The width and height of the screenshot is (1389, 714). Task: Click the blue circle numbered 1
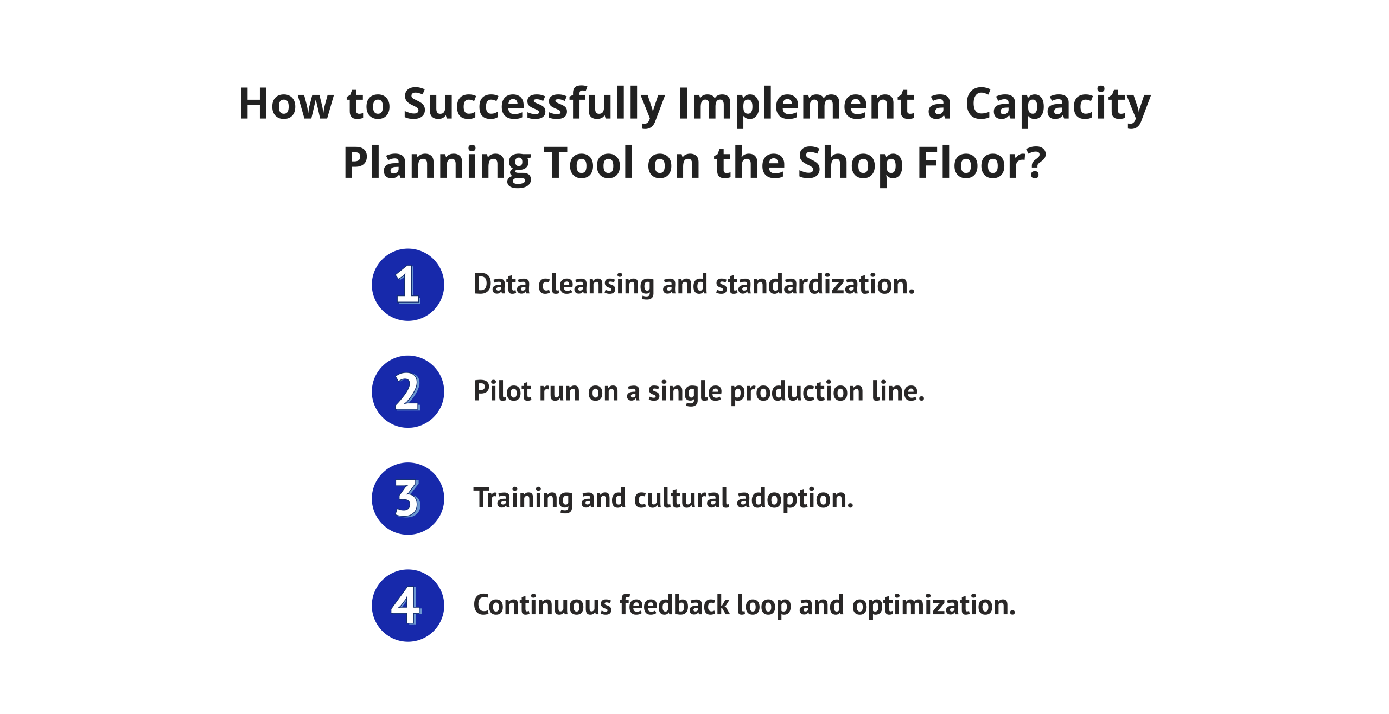[x=407, y=285]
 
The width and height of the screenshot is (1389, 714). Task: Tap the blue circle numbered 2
[x=407, y=391]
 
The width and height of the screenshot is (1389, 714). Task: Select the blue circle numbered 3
[x=407, y=498]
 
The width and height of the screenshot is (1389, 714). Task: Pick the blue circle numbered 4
[x=407, y=605]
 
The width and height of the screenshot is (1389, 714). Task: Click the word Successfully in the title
[x=534, y=106]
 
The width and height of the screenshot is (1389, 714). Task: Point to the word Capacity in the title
[x=1057, y=106]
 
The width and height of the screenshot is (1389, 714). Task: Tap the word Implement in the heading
[x=796, y=106]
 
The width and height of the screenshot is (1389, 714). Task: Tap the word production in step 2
[x=797, y=392]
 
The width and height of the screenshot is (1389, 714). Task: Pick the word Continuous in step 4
[x=543, y=605]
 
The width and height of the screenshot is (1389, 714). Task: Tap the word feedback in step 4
[x=674, y=604]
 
